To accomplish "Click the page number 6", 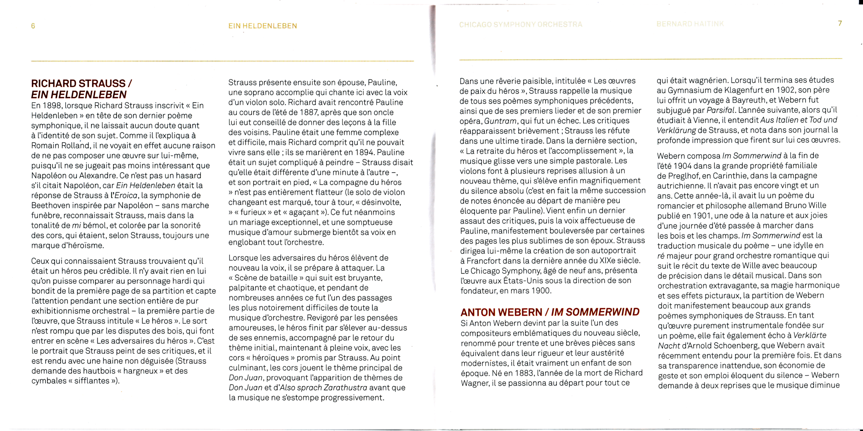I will click(x=33, y=26).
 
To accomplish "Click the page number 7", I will click(x=840, y=23).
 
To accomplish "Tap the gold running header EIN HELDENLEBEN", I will click(x=263, y=26).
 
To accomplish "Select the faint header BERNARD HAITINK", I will click(x=690, y=24).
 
